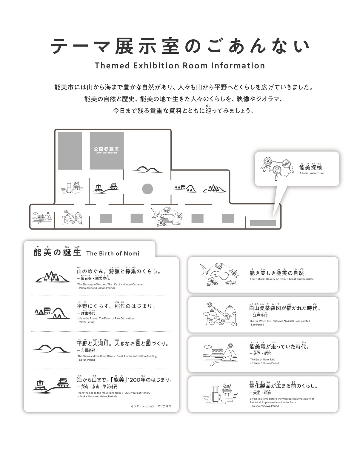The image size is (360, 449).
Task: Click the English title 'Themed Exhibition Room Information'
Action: point(180,66)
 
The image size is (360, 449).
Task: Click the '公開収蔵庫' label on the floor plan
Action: point(106,148)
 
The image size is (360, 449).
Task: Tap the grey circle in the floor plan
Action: point(147,189)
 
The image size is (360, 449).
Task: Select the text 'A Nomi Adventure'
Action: point(311,173)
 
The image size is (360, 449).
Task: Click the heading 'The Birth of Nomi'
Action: point(113,253)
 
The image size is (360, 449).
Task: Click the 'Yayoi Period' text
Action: point(87,322)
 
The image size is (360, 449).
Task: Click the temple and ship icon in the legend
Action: point(50,385)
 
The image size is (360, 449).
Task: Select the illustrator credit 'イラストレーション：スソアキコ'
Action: point(151,406)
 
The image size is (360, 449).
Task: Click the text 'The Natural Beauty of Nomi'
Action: point(282,279)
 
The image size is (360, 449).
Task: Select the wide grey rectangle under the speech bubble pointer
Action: point(263,223)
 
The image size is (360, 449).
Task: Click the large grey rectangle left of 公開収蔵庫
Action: point(70,151)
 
